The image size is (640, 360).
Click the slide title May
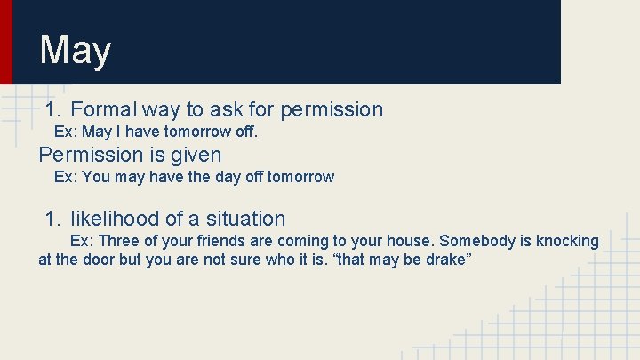click(75, 51)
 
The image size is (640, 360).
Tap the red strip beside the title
click(6, 42)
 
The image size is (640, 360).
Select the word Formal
click(103, 109)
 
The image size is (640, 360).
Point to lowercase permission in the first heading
click(332, 109)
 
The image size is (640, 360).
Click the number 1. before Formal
click(53, 109)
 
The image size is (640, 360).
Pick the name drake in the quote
click(448, 260)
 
